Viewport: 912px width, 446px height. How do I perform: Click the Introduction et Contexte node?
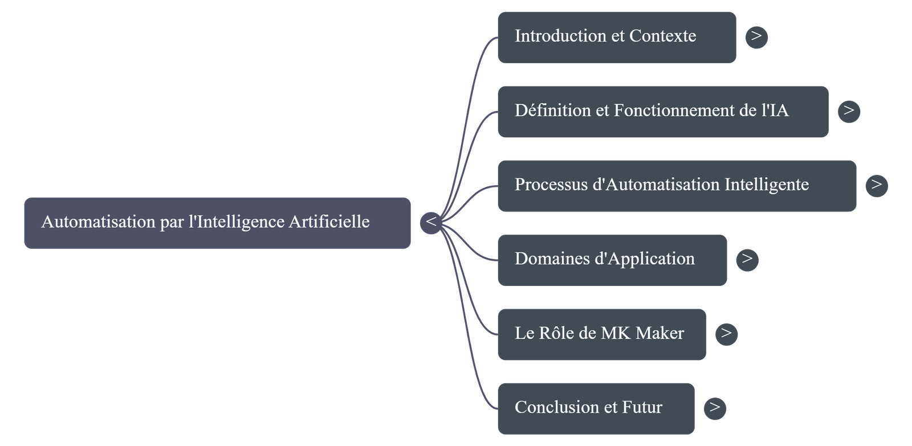[x=616, y=36]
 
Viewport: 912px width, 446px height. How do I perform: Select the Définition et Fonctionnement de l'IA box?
[x=662, y=111]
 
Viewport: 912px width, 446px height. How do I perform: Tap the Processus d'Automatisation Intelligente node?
[x=676, y=185]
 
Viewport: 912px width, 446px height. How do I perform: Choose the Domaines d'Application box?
[x=612, y=259]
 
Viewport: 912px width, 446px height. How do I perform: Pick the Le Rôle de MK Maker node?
[x=601, y=334]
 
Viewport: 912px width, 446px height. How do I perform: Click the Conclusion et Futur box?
[x=596, y=408]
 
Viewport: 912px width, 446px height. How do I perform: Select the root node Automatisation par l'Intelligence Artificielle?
[x=217, y=222]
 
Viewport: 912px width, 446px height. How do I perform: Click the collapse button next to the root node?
[x=431, y=222]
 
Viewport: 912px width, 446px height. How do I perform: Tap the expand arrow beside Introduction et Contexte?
[x=756, y=36]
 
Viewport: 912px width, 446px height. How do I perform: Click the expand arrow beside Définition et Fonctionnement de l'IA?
[x=849, y=111]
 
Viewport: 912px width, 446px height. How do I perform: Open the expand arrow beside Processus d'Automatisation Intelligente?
[x=876, y=185]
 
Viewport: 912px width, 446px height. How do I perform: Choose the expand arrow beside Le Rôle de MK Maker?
[x=726, y=334]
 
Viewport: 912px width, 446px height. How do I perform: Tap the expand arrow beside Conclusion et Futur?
[x=715, y=408]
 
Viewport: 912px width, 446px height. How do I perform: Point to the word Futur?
[x=642, y=408]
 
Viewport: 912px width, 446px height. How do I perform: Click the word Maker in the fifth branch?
[x=659, y=333]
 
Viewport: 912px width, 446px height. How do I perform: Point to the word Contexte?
[x=662, y=36]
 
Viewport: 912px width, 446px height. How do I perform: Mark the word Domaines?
[x=552, y=259]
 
